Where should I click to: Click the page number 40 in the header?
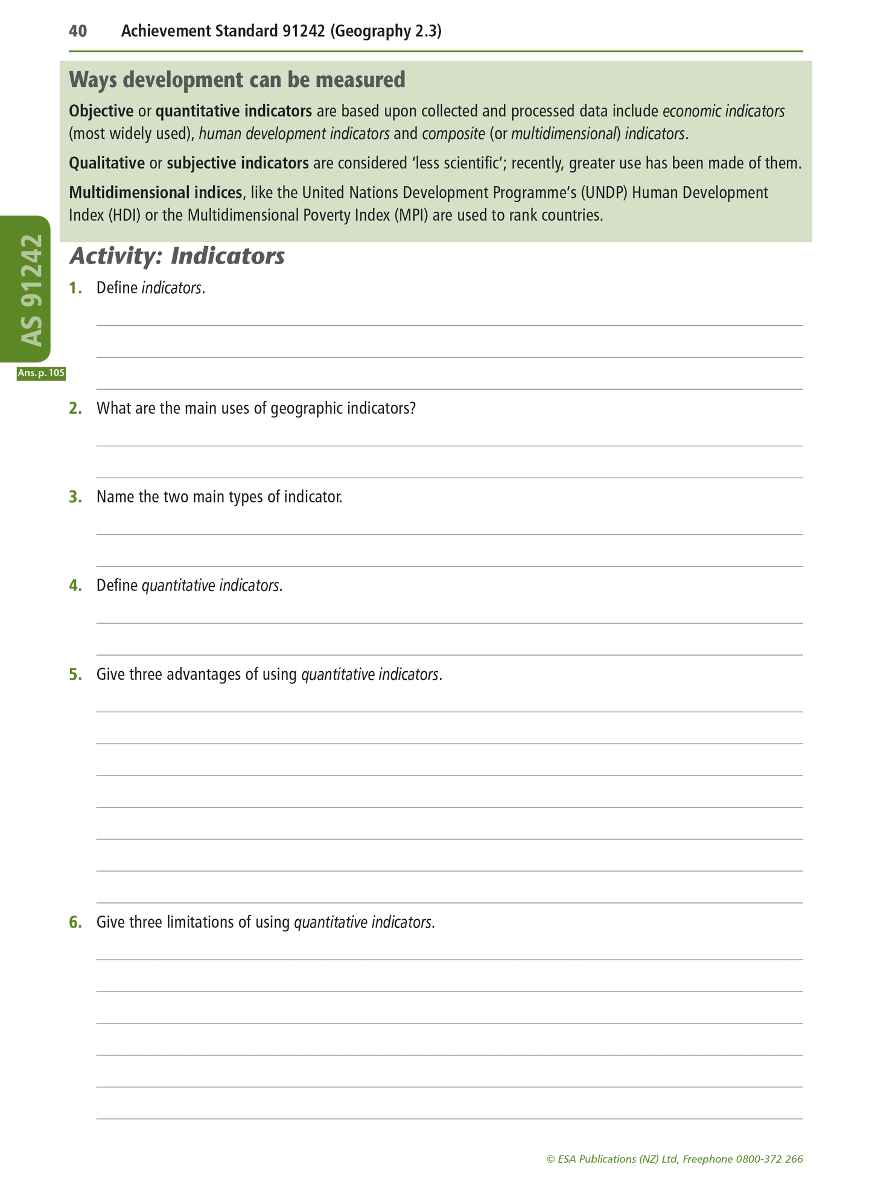pos(78,31)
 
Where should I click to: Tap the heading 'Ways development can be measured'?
pos(237,80)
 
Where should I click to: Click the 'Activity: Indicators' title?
pos(177,256)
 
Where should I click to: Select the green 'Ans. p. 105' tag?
pos(41,373)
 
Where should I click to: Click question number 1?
pos(75,288)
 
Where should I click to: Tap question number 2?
pos(75,408)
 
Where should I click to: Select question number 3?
pos(75,497)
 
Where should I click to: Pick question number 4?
pos(75,586)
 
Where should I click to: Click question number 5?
pos(75,674)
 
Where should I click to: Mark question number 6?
pos(75,922)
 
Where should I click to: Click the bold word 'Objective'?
pos(101,111)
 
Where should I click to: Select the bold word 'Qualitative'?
pos(107,163)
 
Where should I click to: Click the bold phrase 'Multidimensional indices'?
pos(155,193)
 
